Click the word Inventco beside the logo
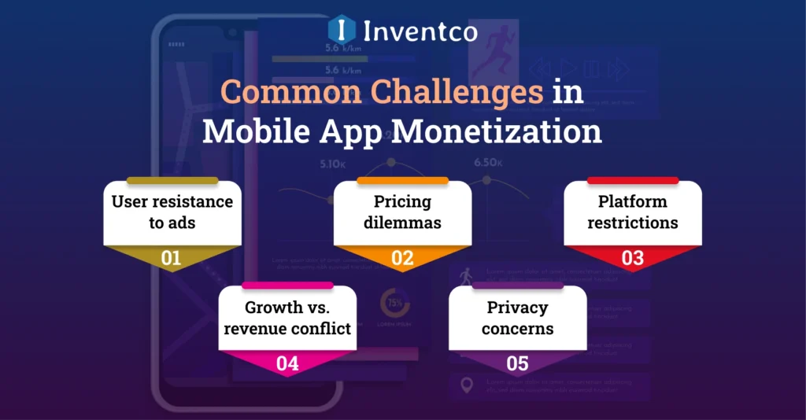pyautogui.click(x=420, y=31)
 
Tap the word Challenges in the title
pyautogui.click(x=382, y=93)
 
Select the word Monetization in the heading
pyautogui.click(x=496, y=131)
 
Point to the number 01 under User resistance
pyautogui.click(x=172, y=258)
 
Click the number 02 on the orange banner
pyautogui.click(x=402, y=258)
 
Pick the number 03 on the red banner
pyautogui.click(x=633, y=258)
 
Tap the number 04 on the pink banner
pyautogui.click(x=287, y=363)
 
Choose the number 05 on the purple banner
pyautogui.click(x=517, y=363)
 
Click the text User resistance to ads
pyautogui.click(x=172, y=212)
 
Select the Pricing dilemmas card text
pyautogui.click(x=402, y=212)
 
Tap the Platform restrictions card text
pyautogui.click(x=633, y=212)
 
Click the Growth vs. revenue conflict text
pyautogui.click(x=287, y=317)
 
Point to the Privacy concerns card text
pyautogui.click(x=517, y=317)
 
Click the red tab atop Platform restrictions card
pyautogui.click(x=633, y=181)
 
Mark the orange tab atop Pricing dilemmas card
pyautogui.click(x=402, y=181)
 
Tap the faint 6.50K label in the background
pyautogui.click(x=488, y=163)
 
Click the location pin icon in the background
pyautogui.click(x=466, y=385)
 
